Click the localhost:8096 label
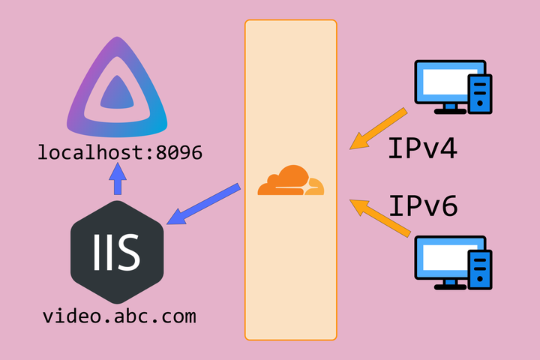[120, 152]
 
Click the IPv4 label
[422, 148]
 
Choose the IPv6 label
[422, 204]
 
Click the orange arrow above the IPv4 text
[379, 128]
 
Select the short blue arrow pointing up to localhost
[117, 180]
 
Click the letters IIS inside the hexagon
[117, 252]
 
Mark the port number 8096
[177, 152]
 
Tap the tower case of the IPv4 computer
[480, 94]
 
